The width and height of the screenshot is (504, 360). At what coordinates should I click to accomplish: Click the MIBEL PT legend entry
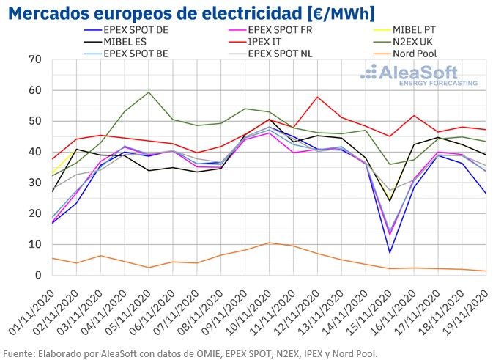pos(418,30)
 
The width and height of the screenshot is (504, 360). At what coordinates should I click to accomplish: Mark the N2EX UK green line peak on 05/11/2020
pos(149,92)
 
